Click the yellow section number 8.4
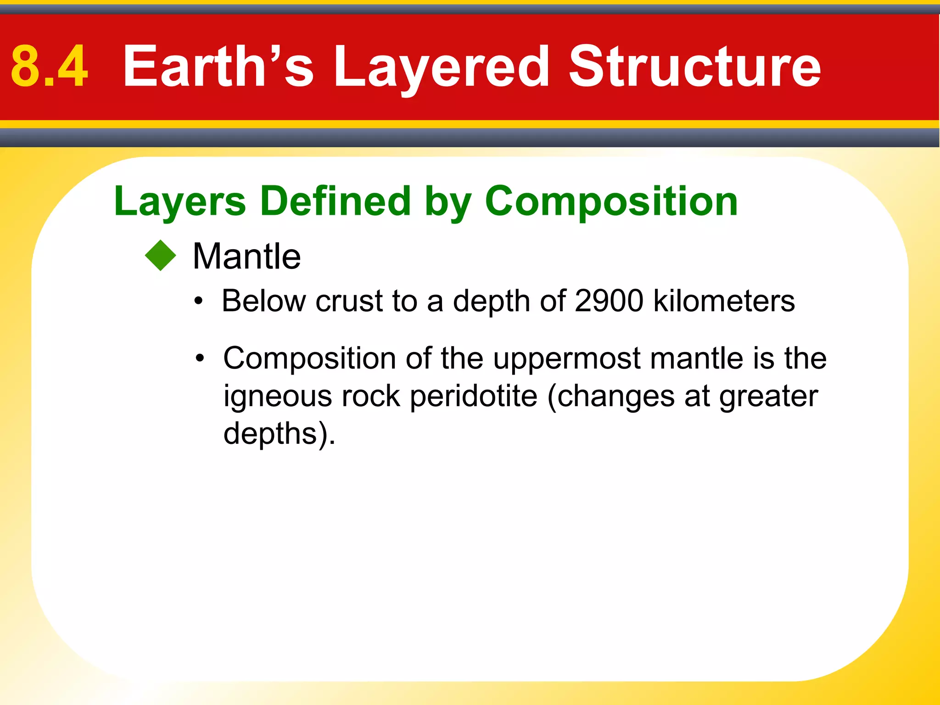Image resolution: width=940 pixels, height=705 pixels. click(x=49, y=67)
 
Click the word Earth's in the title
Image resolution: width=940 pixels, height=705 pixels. click(x=218, y=67)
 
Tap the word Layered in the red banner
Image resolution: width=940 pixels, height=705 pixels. click(x=441, y=67)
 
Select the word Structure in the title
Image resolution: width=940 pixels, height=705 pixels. click(x=694, y=67)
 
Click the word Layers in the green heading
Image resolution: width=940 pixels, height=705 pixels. click(x=180, y=202)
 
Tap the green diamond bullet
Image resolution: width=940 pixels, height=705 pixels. click(x=160, y=256)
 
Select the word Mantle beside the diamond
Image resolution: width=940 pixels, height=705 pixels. click(x=246, y=256)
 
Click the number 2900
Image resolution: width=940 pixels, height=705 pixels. click(x=609, y=301)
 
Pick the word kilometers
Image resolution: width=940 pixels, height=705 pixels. click(x=724, y=301)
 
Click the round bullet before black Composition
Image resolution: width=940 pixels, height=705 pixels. click(x=199, y=358)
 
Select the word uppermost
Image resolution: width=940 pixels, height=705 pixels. click(x=567, y=358)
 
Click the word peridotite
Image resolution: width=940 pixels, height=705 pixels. click(x=473, y=396)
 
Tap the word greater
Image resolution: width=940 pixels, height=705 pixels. click(x=768, y=396)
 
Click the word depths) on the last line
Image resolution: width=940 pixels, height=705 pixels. click(x=279, y=433)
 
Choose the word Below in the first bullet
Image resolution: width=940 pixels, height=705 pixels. click(x=264, y=301)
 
